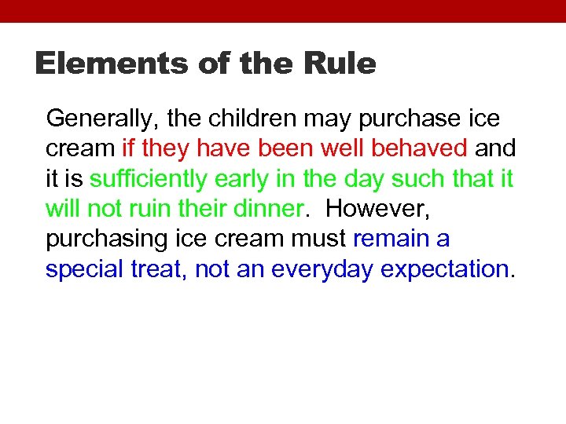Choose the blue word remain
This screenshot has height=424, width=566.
[x=391, y=239]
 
